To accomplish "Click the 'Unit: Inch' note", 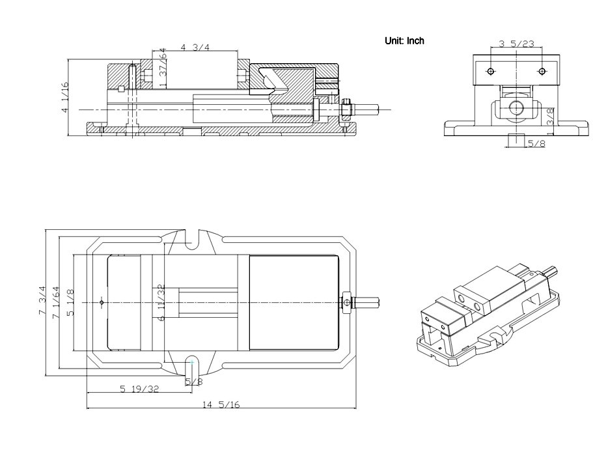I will (x=404, y=40).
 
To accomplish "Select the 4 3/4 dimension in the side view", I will (x=193, y=48).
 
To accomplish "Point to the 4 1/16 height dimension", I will (x=64, y=97).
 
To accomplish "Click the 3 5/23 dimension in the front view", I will (x=516, y=44).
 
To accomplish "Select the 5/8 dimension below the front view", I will (x=536, y=143).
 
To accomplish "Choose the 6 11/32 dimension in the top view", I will (x=160, y=302).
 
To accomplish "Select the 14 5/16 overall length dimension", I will (x=221, y=404).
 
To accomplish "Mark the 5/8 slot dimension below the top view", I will (x=193, y=382).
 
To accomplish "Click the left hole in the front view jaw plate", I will (x=491, y=70).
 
